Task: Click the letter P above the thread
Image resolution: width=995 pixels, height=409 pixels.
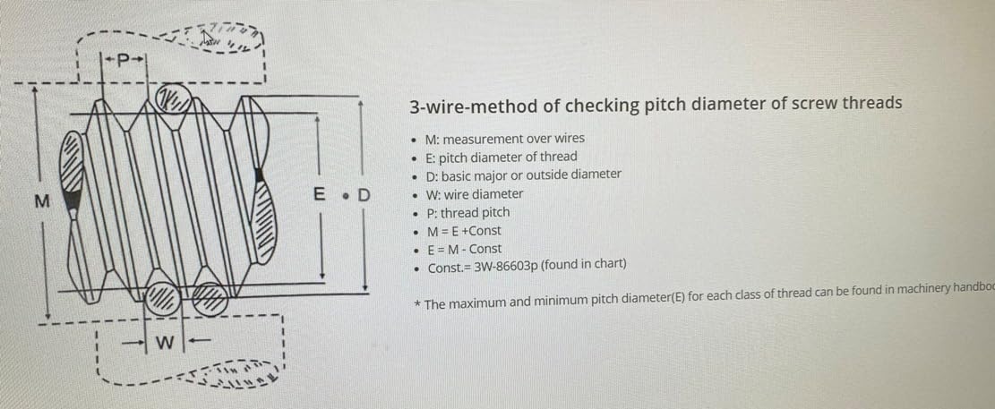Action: [124, 60]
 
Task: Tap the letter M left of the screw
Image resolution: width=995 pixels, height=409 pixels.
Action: [40, 200]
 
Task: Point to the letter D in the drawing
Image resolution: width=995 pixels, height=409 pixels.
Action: [363, 194]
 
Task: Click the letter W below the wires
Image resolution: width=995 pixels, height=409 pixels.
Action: [164, 343]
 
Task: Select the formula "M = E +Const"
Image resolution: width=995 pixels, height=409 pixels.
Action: [464, 231]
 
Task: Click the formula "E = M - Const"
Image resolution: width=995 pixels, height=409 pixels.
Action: [464, 249]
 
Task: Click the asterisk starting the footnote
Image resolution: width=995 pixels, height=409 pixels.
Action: [418, 305]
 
